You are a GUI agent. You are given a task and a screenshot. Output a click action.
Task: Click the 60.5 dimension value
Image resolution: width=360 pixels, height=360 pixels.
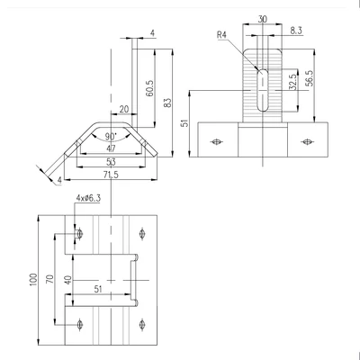[x=150, y=88]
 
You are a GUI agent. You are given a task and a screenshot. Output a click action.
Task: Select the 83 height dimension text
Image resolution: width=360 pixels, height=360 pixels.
[x=168, y=103]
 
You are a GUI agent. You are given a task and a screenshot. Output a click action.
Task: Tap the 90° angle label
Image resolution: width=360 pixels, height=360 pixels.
[x=111, y=137]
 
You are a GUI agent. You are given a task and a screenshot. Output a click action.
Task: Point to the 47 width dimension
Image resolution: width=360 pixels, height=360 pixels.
[x=111, y=148]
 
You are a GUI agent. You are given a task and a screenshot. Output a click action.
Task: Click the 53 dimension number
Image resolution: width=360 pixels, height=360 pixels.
[x=111, y=162]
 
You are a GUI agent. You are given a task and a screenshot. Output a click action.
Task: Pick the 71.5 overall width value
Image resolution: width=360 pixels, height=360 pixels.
[x=111, y=175]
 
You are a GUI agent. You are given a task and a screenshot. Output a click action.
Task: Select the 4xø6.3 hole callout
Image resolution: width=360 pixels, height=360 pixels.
[x=88, y=198]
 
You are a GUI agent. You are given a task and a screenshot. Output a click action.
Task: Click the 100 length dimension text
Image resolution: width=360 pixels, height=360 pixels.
[x=33, y=279]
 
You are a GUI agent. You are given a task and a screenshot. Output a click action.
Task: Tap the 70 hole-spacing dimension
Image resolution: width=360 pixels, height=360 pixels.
[x=51, y=279]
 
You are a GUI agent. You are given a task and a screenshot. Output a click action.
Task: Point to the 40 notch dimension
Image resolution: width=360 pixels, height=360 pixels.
[x=68, y=280]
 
